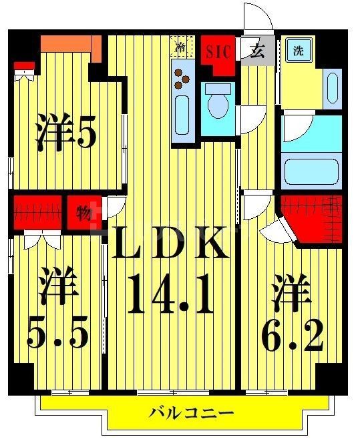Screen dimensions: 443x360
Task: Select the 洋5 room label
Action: tap(66, 133)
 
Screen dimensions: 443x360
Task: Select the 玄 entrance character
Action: tap(256, 51)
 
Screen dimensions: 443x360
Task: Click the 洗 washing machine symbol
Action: tap(295, 50)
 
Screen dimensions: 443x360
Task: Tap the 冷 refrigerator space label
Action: tap(180, 47)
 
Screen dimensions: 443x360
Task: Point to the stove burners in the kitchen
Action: tap(181, 77)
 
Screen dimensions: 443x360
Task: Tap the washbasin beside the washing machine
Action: tap(332, 87)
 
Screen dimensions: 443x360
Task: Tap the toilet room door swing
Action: tap(251, 117)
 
